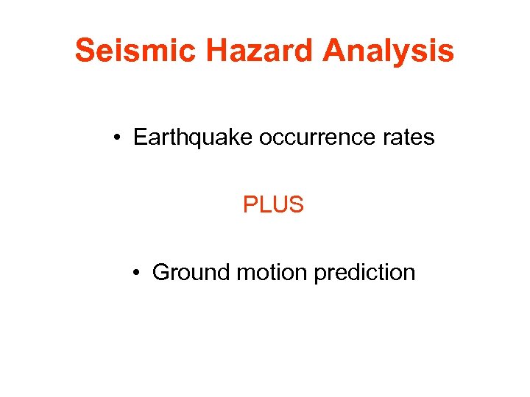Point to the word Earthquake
pyautogui.click(x=193, y=137)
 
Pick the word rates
pyautogui.click(x=409, y=137)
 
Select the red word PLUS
pyautogui.click(x=273, y=205)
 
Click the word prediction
pyautogui.click(x=364, y=273)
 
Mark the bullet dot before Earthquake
pyautogui.click(x=118, y=138)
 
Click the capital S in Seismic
pyautogui.click(x=85, y=51)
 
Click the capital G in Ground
pyautogui.click(x=161, y=273)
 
